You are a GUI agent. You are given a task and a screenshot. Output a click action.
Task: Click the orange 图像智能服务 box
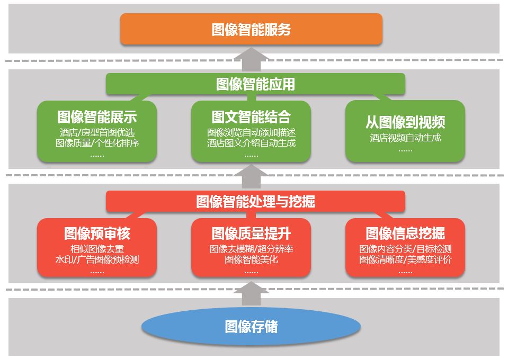(251, 29)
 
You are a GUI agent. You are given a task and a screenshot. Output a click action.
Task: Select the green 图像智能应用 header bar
(255, 84)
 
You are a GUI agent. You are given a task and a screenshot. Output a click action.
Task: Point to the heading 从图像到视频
(405, 122)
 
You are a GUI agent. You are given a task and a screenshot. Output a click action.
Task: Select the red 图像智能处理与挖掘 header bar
(255, 201)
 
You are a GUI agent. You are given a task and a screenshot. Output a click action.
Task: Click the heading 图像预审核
(97, 233)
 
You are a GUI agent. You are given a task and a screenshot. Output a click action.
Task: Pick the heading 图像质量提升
(251, 233)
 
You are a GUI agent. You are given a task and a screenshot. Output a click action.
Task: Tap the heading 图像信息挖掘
(405, 233)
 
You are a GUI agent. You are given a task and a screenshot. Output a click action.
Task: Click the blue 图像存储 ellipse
(251, 326)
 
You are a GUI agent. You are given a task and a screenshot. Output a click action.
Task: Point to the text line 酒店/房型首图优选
(97, 132)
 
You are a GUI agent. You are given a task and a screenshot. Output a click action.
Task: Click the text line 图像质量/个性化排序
(97, 143)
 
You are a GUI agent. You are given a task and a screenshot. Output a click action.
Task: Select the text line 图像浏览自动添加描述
(251, 132)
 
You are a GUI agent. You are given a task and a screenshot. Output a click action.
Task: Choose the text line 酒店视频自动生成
(405, 138)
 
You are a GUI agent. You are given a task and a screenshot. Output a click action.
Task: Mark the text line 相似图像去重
(97, 249)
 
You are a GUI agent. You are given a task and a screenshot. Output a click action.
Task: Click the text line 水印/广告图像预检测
(97, 259)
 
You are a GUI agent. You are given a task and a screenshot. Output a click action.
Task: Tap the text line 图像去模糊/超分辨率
(251, 249)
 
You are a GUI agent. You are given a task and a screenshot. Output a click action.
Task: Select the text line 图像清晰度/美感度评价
(405, 259)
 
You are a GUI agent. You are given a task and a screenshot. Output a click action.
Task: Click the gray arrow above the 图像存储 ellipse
(251, 294)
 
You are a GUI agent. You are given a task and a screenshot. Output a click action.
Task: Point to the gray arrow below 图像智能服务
(251, 59)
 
